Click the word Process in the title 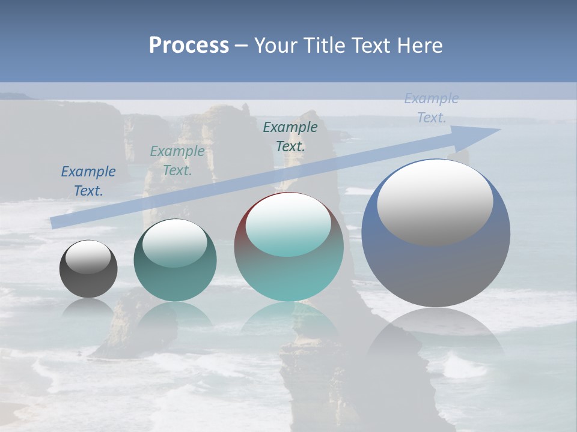click(x=189, y=46)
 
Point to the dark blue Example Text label click(x=88, y=181)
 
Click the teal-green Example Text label click(x=177, y=160)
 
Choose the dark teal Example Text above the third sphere click(x=290, y=136)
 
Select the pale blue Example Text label click(x=431, y=108)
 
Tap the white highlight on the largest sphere click(x=435, y=202)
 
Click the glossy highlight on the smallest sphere click(x=88, y=257)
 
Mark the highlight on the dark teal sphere click(x=175, y=243)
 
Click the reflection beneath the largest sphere click(x=436, y=330)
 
